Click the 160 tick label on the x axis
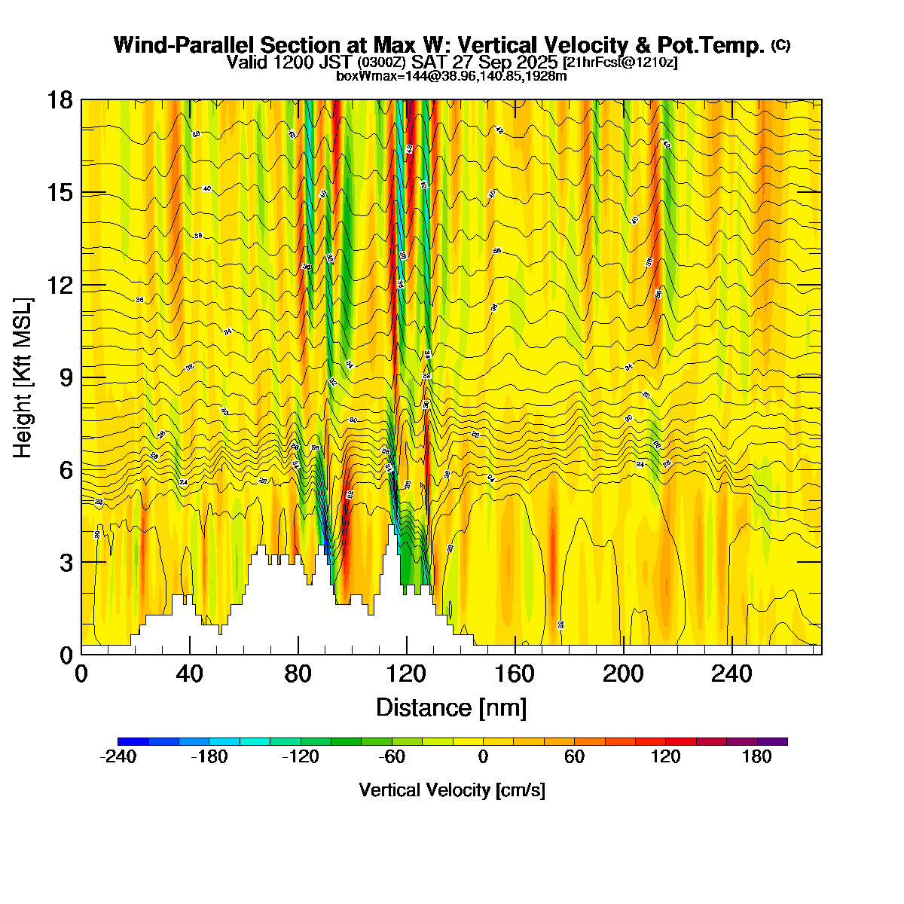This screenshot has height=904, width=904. point(515,673)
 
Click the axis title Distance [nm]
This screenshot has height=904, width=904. point(451,708)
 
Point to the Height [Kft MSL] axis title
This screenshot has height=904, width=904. point(23,377)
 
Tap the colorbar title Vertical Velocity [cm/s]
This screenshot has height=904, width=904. point(452,790)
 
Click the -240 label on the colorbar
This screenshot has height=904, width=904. point(118,757)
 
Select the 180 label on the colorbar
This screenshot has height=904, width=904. point(756,757)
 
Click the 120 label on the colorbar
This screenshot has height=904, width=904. point(665,757)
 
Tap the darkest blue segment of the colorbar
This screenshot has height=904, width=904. point(133,741)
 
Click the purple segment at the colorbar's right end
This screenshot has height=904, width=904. point(772,741)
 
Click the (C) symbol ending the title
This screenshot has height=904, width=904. point(780,45)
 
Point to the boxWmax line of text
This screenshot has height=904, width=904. point(451,75)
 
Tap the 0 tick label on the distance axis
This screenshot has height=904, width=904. point(81,673)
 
